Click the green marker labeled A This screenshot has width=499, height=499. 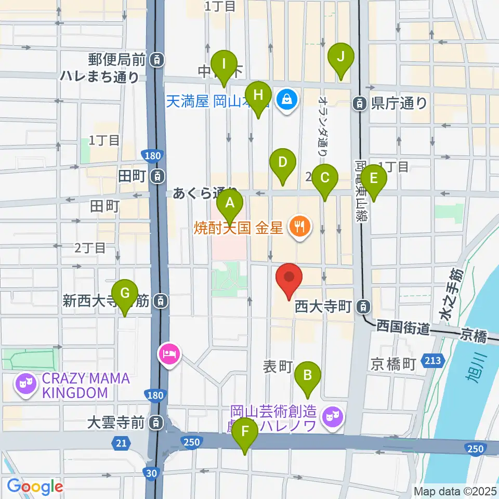coord(230,204)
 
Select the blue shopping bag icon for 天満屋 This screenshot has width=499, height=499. coord(286,100)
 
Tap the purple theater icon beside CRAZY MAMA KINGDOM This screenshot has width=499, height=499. coord(25,385)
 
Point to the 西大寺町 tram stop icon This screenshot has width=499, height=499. coord(364,307)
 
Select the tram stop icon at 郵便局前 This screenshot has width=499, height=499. coord(156,60)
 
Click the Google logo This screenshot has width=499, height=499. coord(35,487)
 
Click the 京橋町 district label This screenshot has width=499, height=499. coord(393,364)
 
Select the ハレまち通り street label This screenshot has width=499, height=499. coord(99,77)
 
